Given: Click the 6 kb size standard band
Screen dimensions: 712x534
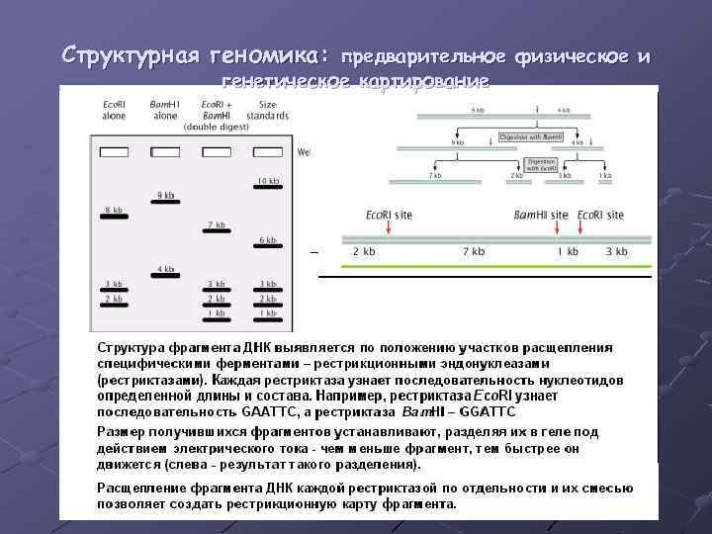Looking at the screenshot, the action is [267, 247].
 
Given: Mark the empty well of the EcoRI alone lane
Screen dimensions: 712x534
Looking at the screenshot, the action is [114, 152].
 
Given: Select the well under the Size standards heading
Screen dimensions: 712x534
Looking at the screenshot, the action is [267, 152].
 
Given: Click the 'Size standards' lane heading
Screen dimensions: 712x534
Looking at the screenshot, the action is [268, 109].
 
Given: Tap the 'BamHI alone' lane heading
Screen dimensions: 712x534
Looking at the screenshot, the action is [165, 109].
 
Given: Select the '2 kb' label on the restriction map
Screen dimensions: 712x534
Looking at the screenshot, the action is [364, 252].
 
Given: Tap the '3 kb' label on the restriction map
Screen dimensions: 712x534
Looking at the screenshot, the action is [616, 252].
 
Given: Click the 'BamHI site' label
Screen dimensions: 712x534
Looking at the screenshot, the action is [541, 215].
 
